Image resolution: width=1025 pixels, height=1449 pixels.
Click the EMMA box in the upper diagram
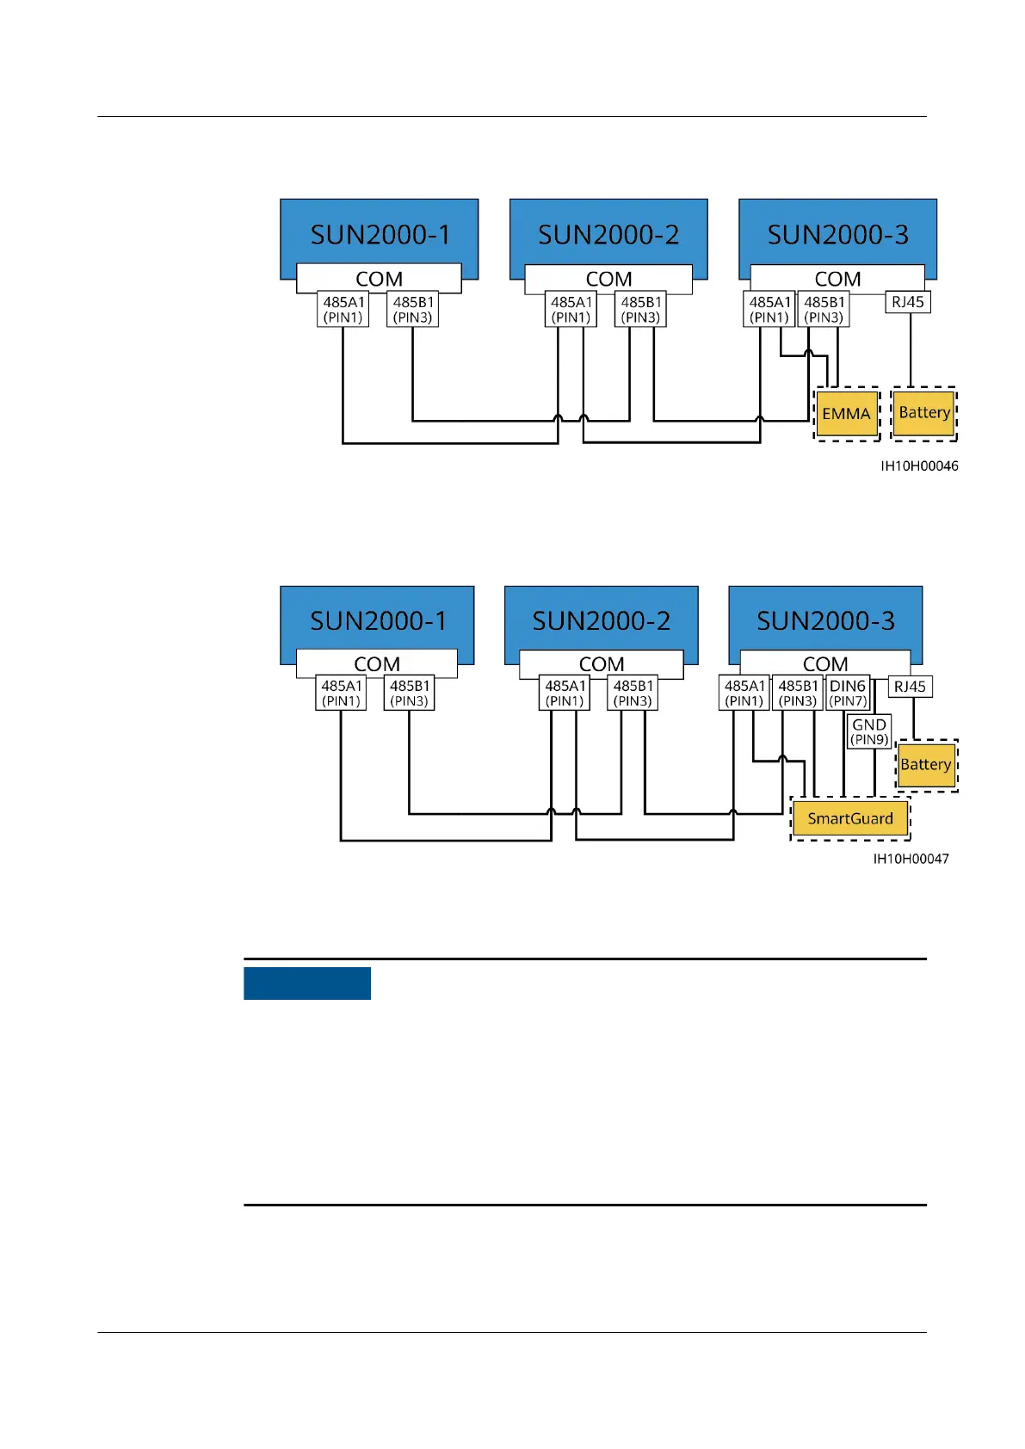tap(847, 414)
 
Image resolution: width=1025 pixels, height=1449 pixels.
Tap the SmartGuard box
tap(850, 818)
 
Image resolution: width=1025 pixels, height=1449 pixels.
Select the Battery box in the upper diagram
tap(924, 413)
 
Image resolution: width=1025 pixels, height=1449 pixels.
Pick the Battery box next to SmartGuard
tap(926, 765)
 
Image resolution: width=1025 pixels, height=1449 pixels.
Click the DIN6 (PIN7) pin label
tap(848, 693)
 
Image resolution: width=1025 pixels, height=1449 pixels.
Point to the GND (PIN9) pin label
tap(869, 732)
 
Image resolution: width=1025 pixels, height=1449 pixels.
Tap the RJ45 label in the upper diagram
tap(908, 302)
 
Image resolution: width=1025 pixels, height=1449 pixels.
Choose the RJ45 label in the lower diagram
tap(910, 687)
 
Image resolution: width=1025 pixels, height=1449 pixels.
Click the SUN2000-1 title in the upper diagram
tap(380, 235)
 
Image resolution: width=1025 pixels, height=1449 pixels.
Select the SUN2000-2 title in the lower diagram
tap(602, 621)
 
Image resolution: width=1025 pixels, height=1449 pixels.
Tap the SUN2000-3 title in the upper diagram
tap(838, 235)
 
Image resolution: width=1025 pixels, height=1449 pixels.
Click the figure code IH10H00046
tap(919, 466)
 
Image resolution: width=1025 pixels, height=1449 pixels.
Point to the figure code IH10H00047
tap(911, 859)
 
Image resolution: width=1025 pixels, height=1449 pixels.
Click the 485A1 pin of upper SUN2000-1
tap(343, 310)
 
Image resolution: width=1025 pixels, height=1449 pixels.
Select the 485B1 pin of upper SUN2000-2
tap(641, 310)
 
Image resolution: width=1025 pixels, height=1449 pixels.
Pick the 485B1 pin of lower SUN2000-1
tap(410, 693)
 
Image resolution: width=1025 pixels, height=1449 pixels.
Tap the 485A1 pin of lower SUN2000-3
tap(744, 693)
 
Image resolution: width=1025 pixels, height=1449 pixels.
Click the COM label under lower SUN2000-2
tap(602, 664)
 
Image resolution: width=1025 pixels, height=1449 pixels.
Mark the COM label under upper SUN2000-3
tap(837, 279)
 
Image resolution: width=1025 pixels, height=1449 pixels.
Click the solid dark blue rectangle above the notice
tap(307, 983)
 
